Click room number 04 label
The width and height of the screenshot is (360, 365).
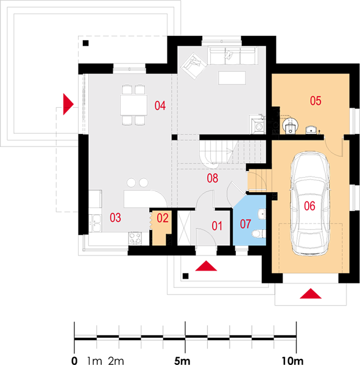click(160, 105)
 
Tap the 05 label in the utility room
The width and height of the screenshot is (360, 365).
click(316, 101)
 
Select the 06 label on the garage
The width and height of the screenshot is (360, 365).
click(309, 206)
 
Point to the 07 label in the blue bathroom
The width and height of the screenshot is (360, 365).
click(245, 224)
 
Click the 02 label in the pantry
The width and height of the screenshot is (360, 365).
click(163, 218)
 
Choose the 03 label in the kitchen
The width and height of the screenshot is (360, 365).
click(115, 218)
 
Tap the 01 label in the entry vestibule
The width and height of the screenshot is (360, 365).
click(217, 226)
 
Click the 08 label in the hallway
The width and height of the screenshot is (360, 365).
click(213, 178)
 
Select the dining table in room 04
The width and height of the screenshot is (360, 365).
click(134, 105)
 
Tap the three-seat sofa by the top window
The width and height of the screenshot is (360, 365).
click(233, 56)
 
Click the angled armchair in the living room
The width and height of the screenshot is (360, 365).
click(194, 66)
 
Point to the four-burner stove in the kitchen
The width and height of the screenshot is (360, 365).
click(135, 238)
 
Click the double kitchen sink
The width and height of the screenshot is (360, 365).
click(96, 223)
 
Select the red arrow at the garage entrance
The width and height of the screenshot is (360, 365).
click(311, 294)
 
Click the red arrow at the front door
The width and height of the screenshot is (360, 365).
click(206, 266)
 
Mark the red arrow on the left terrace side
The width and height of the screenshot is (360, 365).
click(68, 104)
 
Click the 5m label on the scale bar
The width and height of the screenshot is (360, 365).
click(182, 361)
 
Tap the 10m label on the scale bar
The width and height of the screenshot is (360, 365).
click(292, 361)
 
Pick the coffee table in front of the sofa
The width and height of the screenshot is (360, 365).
click(232, 78)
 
